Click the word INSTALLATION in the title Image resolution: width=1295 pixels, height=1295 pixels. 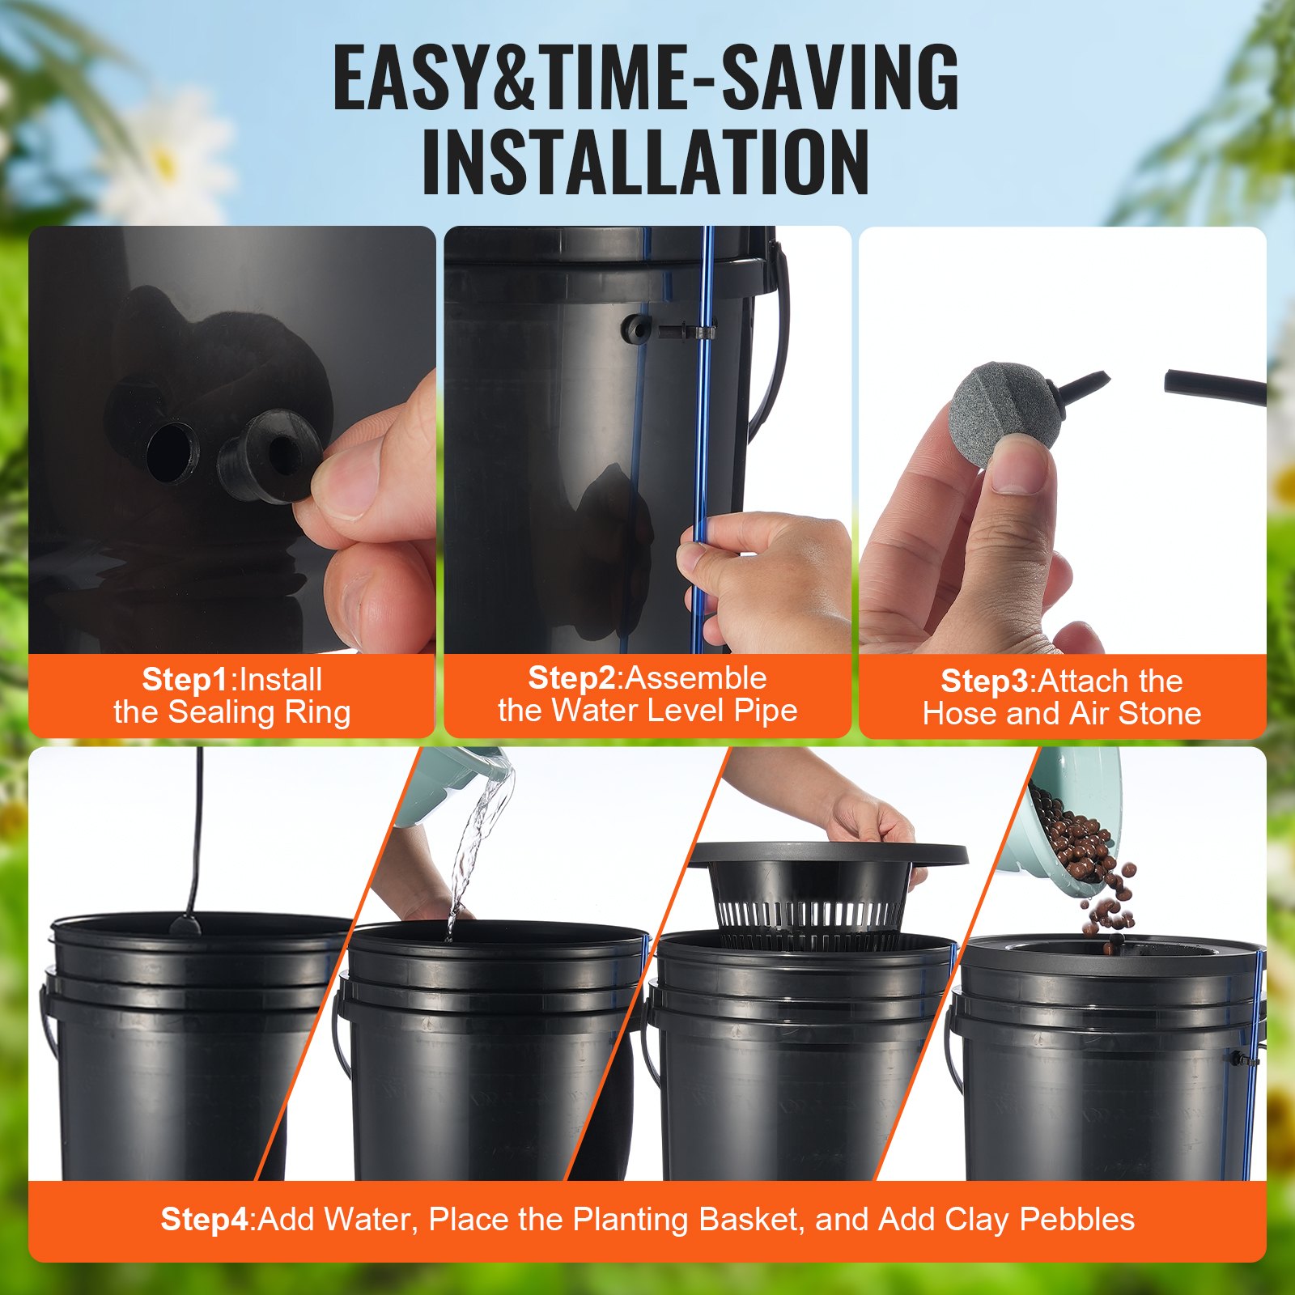pyautogui.click(x=646, y=162)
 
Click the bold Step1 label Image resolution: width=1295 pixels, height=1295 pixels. pyautogui.click(x=185, y=679)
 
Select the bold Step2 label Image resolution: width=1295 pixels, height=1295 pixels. pyautogui.click(x=571, y=677)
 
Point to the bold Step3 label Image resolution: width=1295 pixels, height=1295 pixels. pyautogui.click(x=983, y=681)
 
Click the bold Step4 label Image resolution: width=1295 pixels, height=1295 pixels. pyautogui.click(x=206, y=1219)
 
